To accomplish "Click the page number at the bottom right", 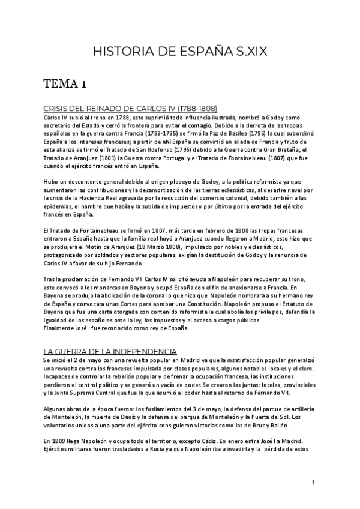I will pyautogui.click(x=314, y=483).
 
